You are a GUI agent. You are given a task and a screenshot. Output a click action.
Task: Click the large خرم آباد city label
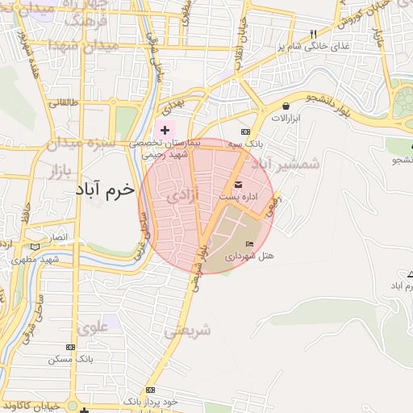[x=106, y=191]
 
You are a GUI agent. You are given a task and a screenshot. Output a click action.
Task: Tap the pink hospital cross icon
[x=165, y=130]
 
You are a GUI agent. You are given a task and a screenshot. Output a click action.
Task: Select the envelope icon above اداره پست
[x=238, y=185]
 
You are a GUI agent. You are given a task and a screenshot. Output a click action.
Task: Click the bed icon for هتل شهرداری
[x=249, y=244]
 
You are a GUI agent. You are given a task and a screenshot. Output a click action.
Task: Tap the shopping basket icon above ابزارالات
[x=286, y=106]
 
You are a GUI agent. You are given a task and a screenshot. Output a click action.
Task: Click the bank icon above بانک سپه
[x=245, y=131]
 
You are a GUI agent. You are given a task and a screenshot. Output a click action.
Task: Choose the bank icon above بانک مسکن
[x=70, y=347]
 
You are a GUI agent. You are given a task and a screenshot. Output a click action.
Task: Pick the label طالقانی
[x=64, y=102]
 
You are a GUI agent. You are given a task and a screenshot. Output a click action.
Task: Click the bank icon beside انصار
[x=34, y=246]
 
